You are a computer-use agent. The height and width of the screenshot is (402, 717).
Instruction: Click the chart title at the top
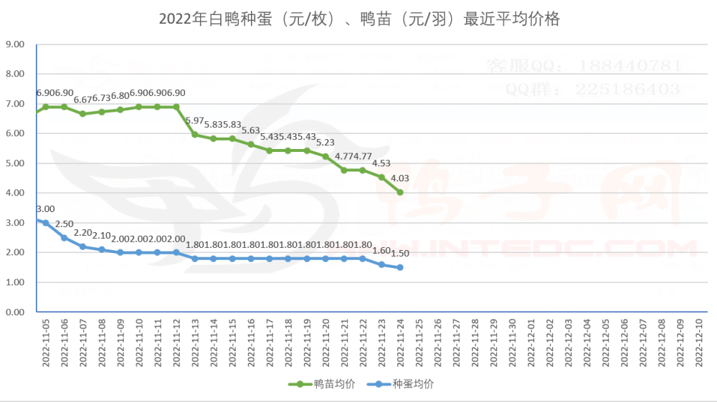(x=358, y=19)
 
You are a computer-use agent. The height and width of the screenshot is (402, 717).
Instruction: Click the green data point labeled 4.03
(x=400, y=192)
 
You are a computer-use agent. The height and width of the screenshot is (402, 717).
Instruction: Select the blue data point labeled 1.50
(x=400, y=267)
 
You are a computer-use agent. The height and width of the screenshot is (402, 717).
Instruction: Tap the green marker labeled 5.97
(x=194, y=134)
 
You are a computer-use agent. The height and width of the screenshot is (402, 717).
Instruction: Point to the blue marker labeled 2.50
(x=64, y=237)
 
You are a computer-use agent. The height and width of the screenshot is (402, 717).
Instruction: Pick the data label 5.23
(x=326, y=142)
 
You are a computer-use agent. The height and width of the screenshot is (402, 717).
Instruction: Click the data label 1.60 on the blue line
(x=381, y=250)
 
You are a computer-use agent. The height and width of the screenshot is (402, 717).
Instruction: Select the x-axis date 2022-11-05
(x=45, y=344)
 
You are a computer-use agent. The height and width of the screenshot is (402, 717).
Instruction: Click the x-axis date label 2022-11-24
(x=400, y=344)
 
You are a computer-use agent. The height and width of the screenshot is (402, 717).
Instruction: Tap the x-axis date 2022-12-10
(x=699, y=344)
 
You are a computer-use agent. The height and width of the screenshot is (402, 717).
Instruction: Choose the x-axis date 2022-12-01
(x=531, y=344)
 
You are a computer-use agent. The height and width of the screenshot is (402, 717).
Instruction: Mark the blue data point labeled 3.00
(x=45, y=222)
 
